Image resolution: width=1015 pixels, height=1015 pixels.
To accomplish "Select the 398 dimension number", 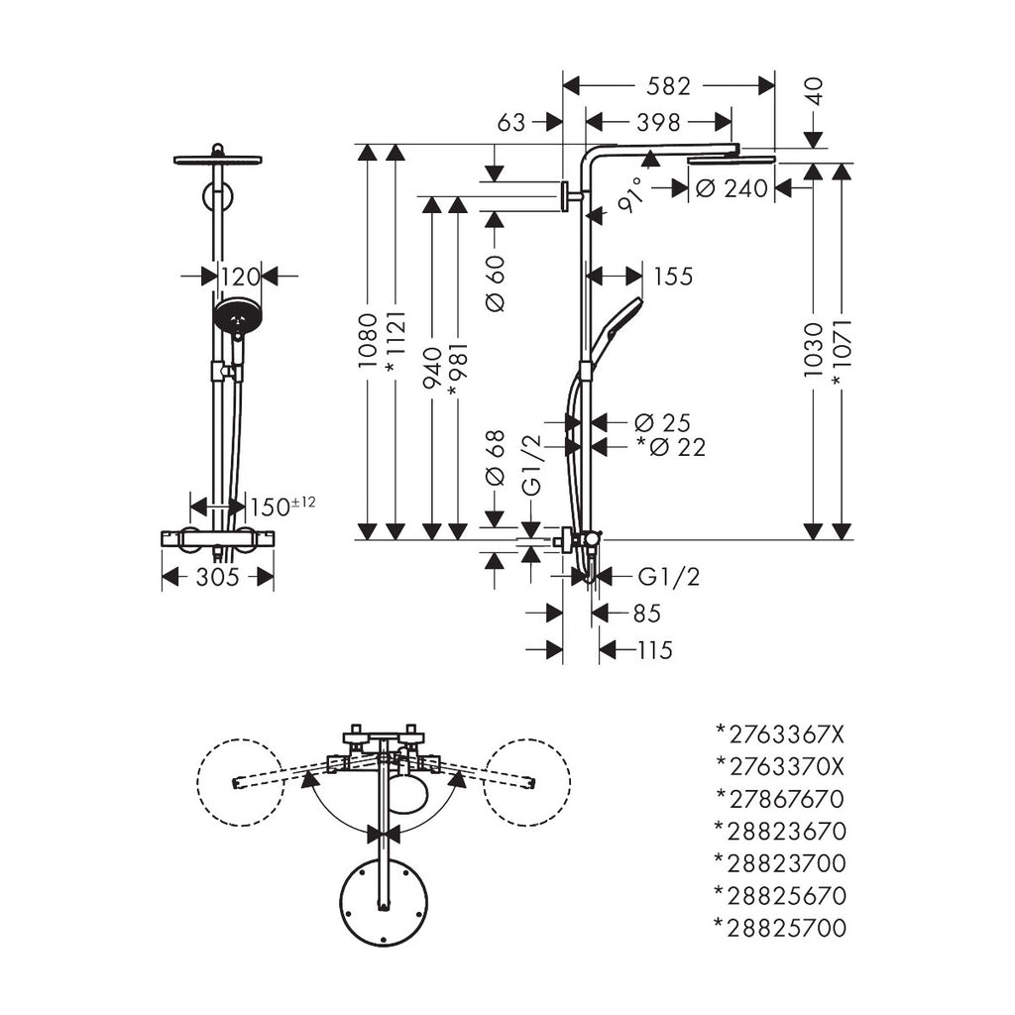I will click(659, 122).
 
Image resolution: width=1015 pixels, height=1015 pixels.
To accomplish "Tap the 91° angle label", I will click(629, 196).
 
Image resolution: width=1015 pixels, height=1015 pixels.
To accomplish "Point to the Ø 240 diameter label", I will click(732, 188).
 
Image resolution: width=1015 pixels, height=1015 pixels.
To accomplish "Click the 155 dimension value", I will click(673, 276).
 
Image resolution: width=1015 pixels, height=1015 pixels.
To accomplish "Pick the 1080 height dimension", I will click(368, 342).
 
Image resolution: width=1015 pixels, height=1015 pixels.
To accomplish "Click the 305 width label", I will click(218, 577).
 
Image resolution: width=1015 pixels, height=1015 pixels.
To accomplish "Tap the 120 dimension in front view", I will click(239, 276).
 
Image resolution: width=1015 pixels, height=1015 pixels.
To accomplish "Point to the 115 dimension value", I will click(654, 650).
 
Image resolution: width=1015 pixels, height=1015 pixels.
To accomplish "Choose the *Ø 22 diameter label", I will click(671, 448).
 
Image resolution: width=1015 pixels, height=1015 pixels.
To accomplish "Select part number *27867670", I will click(780, 798).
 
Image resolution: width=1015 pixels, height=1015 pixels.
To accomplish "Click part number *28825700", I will click(780, 928).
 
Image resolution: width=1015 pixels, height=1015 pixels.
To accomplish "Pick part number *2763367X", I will click(780, 734).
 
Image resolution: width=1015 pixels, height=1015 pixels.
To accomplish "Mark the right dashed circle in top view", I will click(528, 781).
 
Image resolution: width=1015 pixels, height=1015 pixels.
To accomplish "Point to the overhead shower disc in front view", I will click(218, 160).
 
